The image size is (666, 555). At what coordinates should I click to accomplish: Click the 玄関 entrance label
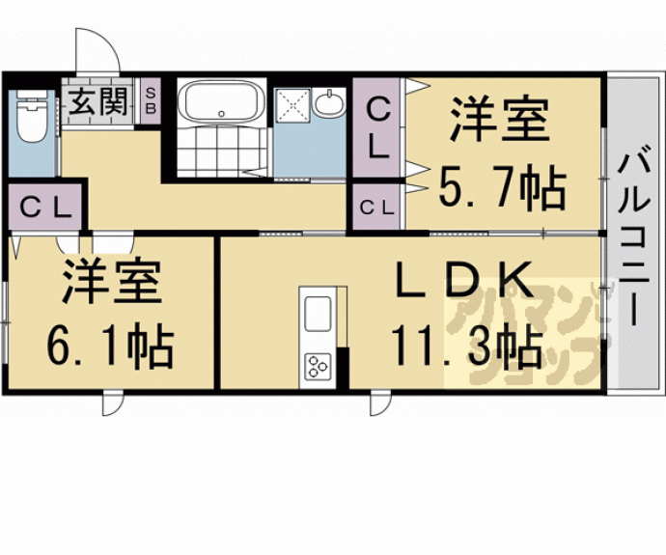(x=98, y=101)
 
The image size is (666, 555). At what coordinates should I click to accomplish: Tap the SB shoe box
(x=151, y=100)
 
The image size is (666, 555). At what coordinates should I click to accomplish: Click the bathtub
(x=221, y=100)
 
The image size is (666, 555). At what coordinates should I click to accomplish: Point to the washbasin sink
(x=329, y=103)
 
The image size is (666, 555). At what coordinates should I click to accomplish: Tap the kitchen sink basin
(x=318, y=314)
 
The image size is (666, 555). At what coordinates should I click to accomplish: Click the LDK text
(x=464, y=280)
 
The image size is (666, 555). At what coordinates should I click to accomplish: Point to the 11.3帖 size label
(x=467, y=347)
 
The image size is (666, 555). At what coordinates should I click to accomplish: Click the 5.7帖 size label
(x=502, y=187)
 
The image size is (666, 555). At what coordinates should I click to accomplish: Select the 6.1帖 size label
(x=110, y=345)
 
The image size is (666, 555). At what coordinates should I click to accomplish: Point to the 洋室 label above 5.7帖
(x=500, y=120)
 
